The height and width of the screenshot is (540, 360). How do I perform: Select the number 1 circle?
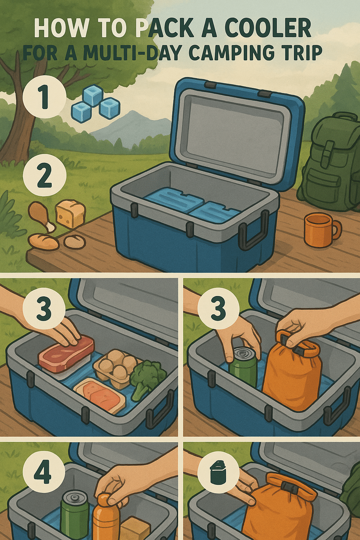point(44,97)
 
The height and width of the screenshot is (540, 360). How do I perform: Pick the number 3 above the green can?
point(218,309)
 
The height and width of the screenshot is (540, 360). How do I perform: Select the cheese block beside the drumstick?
point(70,213)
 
